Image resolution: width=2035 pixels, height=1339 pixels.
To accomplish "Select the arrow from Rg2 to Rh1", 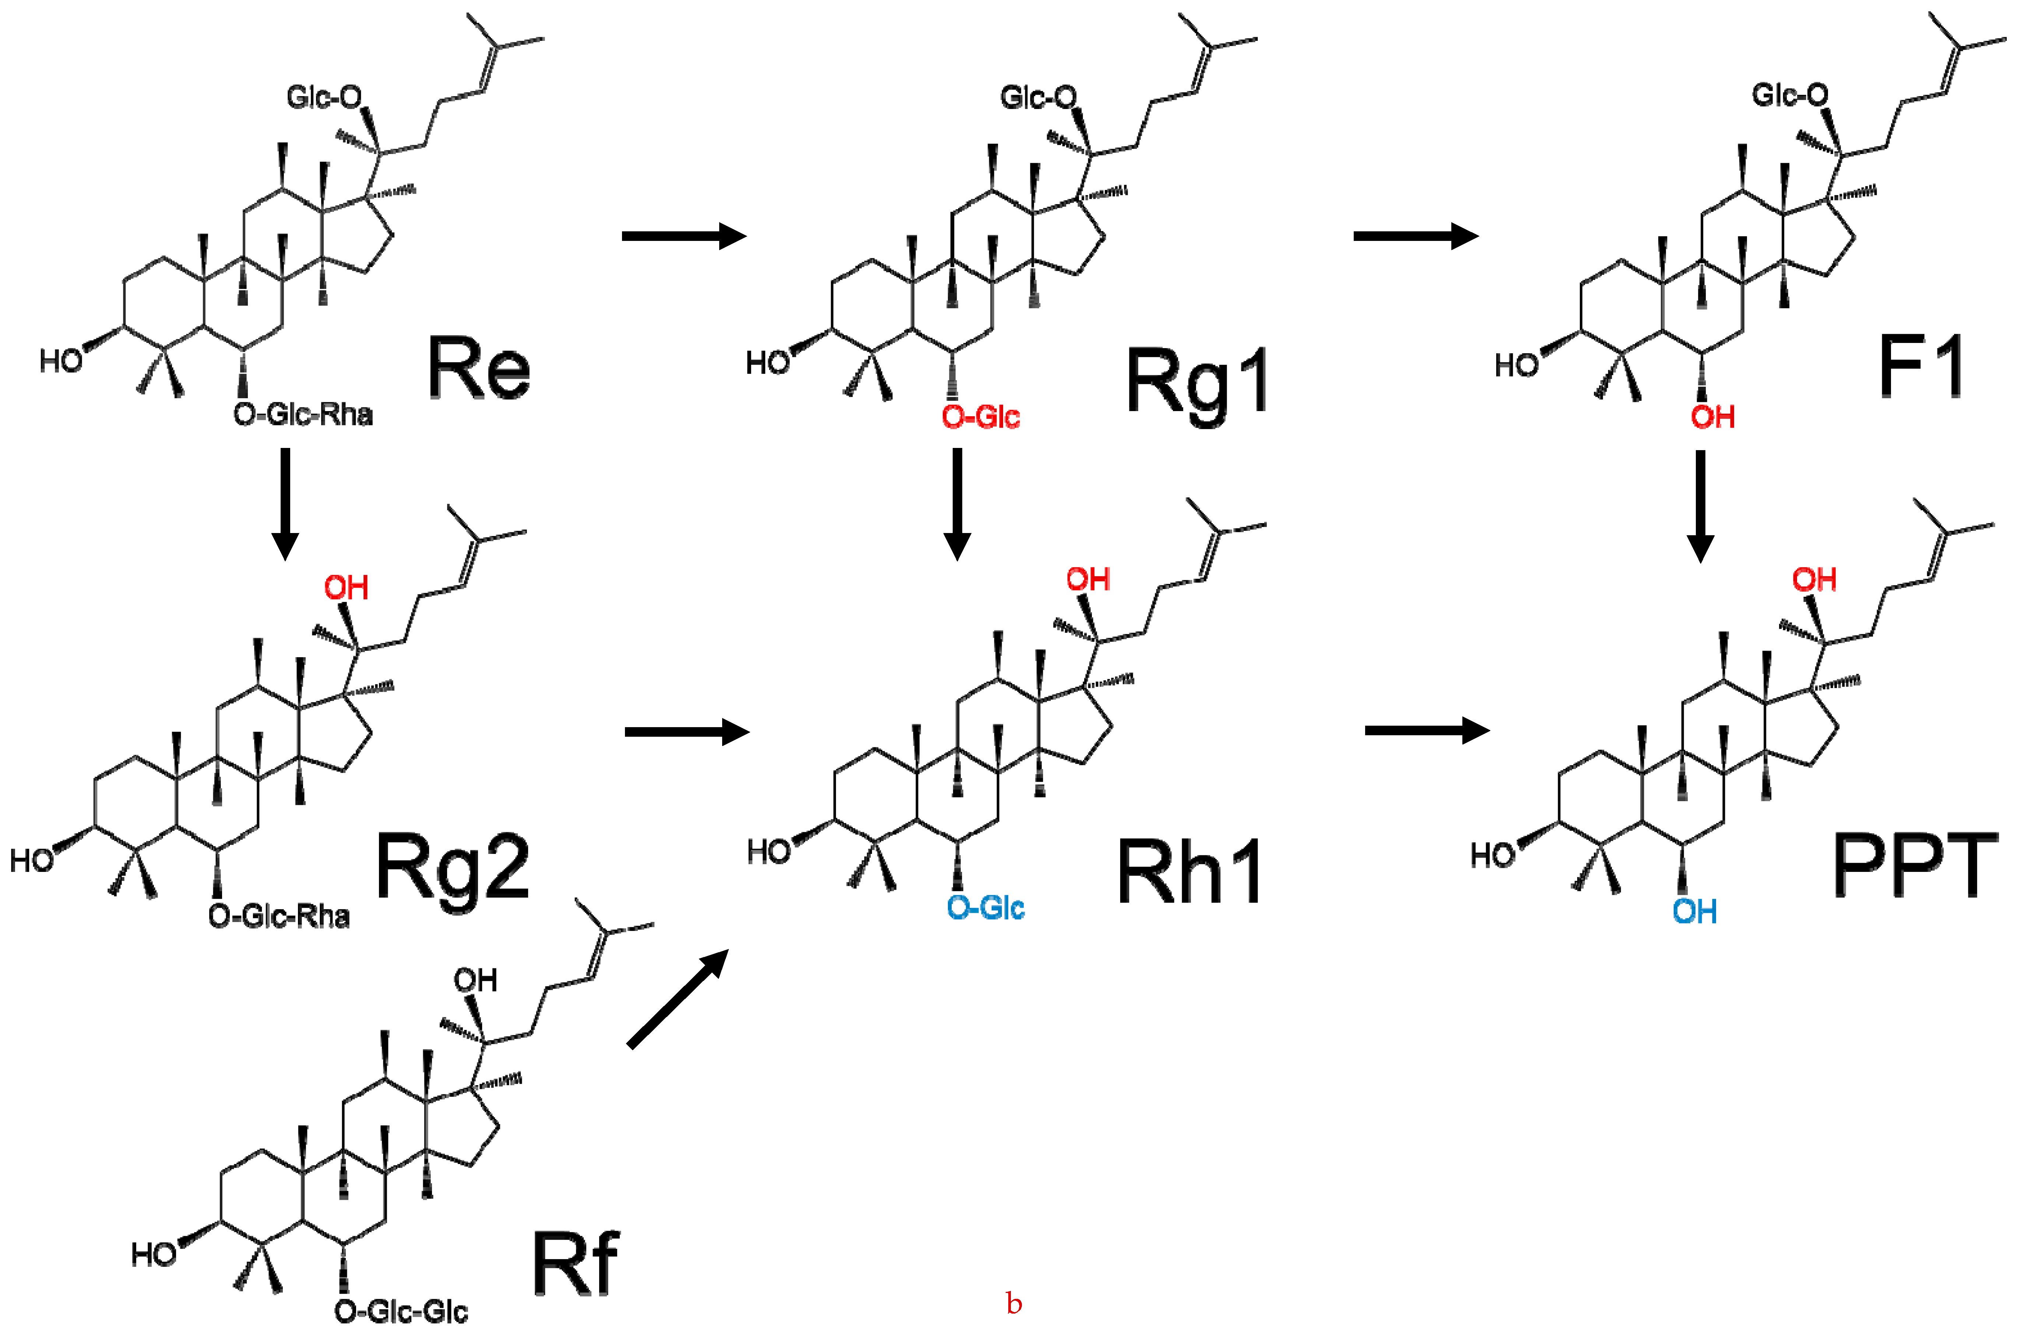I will click(686, 731).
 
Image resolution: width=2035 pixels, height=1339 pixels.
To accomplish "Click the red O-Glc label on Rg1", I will click(981, 417).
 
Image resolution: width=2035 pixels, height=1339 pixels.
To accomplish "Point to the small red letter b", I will click(1014, 1304).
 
